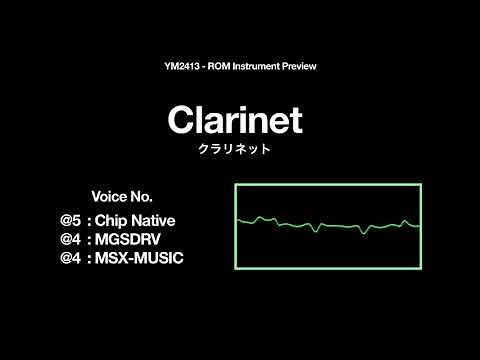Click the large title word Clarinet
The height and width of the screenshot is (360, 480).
[235, 120]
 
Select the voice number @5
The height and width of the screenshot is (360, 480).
[68, 219]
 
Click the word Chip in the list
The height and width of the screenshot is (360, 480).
[112, 219]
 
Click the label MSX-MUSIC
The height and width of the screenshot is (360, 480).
[139, 258]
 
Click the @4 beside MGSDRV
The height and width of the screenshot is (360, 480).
[68, 239]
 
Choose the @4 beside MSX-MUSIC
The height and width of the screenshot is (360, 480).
[68, 258]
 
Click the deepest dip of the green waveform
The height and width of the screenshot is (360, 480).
[317, 231]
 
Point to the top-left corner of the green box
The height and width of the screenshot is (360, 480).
[236, 185]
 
